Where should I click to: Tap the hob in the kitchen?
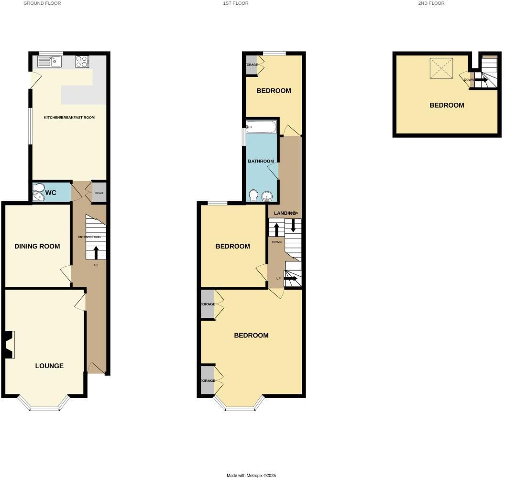(82, 61)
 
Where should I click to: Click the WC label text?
(51, 193)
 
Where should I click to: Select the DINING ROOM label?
(37, 246)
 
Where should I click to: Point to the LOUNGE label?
(49, 366)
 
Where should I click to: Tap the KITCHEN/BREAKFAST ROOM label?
(69, 117)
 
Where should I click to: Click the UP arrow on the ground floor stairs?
(96, 252)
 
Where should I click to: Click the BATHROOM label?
(261, 161)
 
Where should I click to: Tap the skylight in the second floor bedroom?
(440, 68)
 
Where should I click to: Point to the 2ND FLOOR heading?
(431, 3)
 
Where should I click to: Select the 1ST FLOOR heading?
(236, 3)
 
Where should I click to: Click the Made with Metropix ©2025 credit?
(251, 475)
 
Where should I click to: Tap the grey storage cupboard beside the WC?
(99, 193)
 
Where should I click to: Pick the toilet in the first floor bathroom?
(254, 196)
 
